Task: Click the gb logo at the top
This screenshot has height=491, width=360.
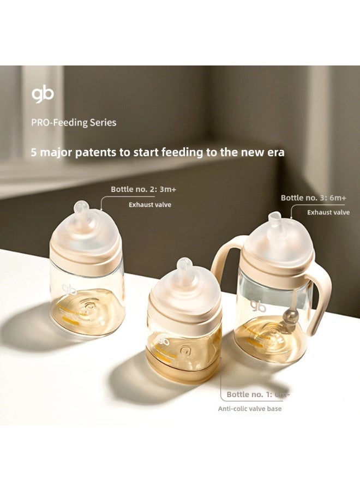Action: point(43,95)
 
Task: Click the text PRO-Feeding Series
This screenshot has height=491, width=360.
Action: point(74,123)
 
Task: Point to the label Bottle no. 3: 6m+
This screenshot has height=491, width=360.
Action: point(313,197)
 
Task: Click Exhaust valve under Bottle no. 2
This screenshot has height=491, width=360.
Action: point(150,205)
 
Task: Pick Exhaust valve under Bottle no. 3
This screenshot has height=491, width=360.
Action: point(328,212)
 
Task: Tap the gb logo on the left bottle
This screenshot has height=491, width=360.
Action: point(69,289)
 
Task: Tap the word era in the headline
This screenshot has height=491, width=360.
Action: point(274,153)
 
